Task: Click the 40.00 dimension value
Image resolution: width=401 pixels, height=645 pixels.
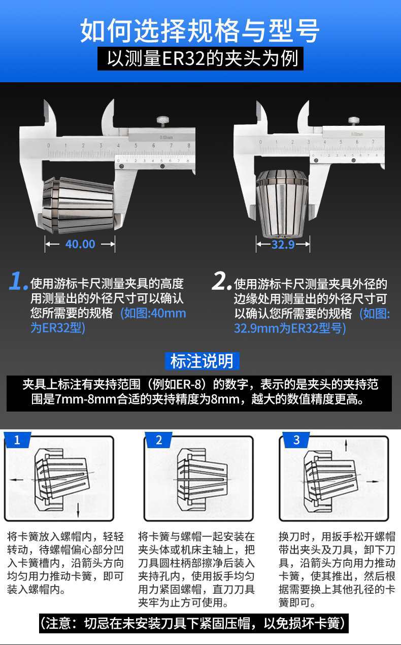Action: (80, 244)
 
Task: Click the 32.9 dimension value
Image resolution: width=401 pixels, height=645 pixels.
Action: (283, 245)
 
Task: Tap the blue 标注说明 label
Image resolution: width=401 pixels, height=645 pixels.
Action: (202, 361)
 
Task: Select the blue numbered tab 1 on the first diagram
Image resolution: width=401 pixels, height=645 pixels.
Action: (17, 440)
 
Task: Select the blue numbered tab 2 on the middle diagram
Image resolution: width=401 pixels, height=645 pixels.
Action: (159, 440)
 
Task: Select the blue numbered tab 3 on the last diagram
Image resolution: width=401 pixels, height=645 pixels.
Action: (296, 440)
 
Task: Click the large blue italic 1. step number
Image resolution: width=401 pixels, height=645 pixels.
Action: (18, 281)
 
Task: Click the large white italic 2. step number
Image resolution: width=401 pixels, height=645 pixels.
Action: (221, 281)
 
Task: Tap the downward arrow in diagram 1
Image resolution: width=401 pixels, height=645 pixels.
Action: (78, 511)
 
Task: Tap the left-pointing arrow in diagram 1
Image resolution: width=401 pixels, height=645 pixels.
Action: (17, 480)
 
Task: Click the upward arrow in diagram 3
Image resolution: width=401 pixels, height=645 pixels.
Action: (346, 446)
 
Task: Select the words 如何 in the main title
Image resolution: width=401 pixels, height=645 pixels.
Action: (106, 30)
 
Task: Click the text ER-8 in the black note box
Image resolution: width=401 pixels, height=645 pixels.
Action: (187, 384)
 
